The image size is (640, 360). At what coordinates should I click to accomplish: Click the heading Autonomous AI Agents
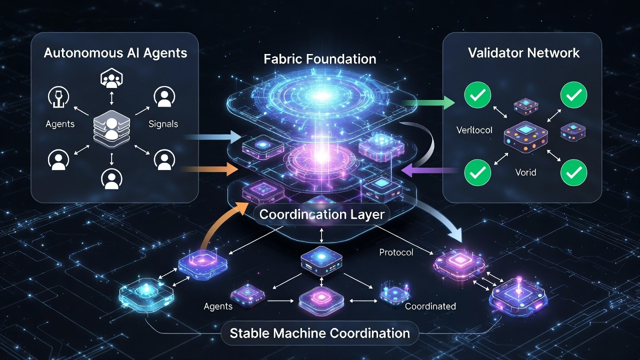click(115, 53)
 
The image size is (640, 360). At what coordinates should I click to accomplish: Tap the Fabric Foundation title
click(319, 59)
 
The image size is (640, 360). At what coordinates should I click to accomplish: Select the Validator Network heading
click(524, 53)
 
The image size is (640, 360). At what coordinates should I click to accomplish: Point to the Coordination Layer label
click(322, 215)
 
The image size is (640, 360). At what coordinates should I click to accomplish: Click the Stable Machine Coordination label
click(320, 333)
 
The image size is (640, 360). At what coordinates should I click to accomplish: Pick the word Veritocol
click(474, 130)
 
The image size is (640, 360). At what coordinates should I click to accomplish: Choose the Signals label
click(163, 123)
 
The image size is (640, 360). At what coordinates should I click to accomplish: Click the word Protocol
click(396, 252)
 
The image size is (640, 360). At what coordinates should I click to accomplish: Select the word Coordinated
click(430, 306)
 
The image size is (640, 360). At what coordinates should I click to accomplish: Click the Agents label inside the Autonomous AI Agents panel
click(60, 123)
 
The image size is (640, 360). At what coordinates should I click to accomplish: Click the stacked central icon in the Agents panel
click(111, 125)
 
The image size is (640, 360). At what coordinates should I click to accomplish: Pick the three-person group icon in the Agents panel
click(111, 78)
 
